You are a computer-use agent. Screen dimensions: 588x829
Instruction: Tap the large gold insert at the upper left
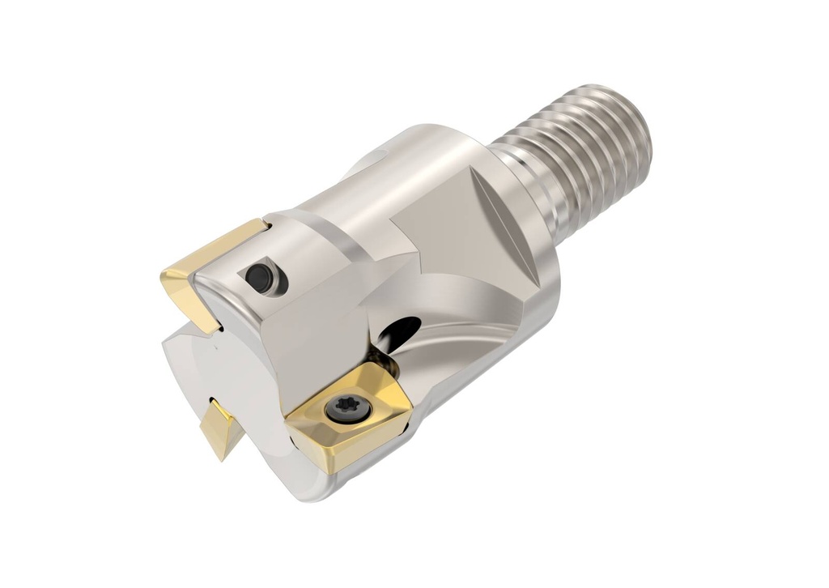tap(206, 275)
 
